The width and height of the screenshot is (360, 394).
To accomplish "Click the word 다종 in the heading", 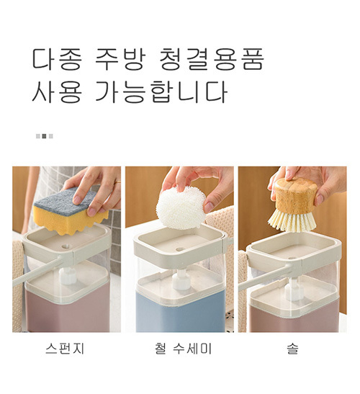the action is tap(57, 59).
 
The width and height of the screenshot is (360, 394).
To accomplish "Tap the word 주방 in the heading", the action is tap(120, 59).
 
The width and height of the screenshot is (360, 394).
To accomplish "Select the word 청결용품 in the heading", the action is tap(212, 59).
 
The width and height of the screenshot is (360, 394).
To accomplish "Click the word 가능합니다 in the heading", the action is tap(161, 91).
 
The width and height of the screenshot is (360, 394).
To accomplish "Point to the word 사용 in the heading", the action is tap(57, 91).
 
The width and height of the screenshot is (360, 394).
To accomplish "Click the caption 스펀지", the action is tap(65, 349).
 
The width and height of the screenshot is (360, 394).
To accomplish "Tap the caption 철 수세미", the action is tap(183, 349).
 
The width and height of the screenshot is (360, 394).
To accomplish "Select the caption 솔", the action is tap(292, 349).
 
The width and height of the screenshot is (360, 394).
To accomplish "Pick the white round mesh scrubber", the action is tap(181, 208).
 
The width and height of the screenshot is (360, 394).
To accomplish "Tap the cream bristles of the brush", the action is tap(292, 222).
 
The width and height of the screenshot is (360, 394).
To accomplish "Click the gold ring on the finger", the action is tap(117, 182).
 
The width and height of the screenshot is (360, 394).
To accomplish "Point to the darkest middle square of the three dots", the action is tap(44, 136).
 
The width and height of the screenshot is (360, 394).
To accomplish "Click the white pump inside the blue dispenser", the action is tap(181, 279).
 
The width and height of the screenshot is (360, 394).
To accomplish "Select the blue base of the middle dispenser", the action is tap(181, 312).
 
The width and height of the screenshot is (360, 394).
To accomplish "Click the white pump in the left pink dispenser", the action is tap(68, 275).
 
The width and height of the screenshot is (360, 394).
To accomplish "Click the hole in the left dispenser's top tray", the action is tap(66, 247).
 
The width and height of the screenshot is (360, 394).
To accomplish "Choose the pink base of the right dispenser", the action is tap(294, 318).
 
